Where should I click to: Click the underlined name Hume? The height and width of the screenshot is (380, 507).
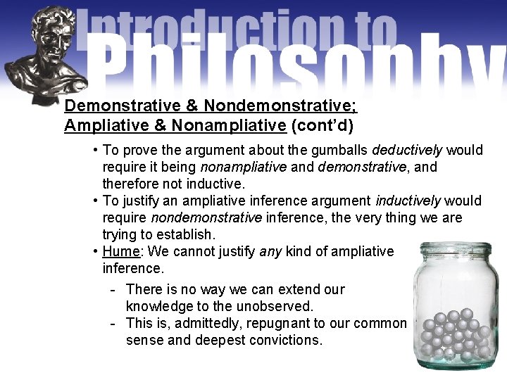[x=118, y=251]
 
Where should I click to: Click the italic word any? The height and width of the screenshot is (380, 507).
[x=270, y=251]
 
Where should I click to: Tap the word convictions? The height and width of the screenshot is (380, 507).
[x=288, y=340]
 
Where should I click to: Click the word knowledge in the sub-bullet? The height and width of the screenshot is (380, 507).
[x=157, y=306]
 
